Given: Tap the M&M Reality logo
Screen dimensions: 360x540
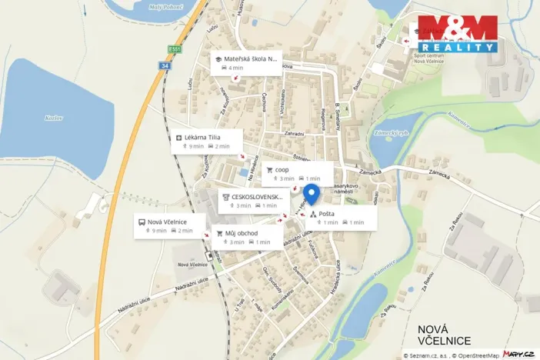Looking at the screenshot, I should [x=457, y=34].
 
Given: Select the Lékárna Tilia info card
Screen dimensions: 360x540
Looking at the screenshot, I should [x=208, y=141].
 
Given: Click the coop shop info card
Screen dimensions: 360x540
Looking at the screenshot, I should [x=298, y=174].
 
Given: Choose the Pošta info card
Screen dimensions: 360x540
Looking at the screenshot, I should [x=342, y=218].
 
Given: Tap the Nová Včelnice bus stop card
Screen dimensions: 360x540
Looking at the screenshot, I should [x=171, y=225].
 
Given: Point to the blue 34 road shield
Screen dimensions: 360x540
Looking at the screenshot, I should [x=165, y=66].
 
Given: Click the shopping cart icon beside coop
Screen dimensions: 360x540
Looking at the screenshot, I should [x=269, y=169].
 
